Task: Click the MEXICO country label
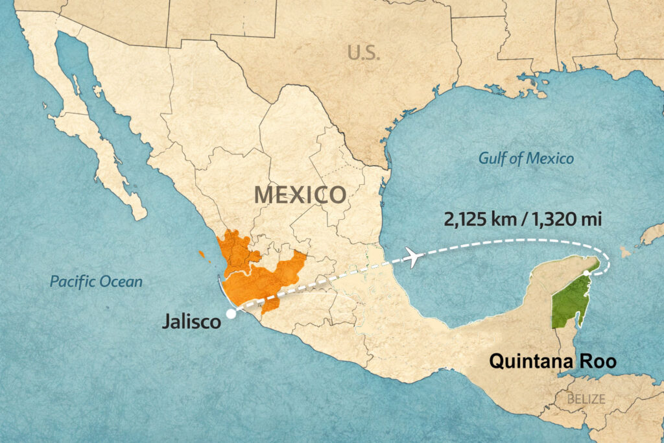300,194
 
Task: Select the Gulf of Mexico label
526,158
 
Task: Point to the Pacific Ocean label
97,281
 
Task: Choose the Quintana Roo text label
552,361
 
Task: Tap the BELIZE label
586,398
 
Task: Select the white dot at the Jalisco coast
231,314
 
